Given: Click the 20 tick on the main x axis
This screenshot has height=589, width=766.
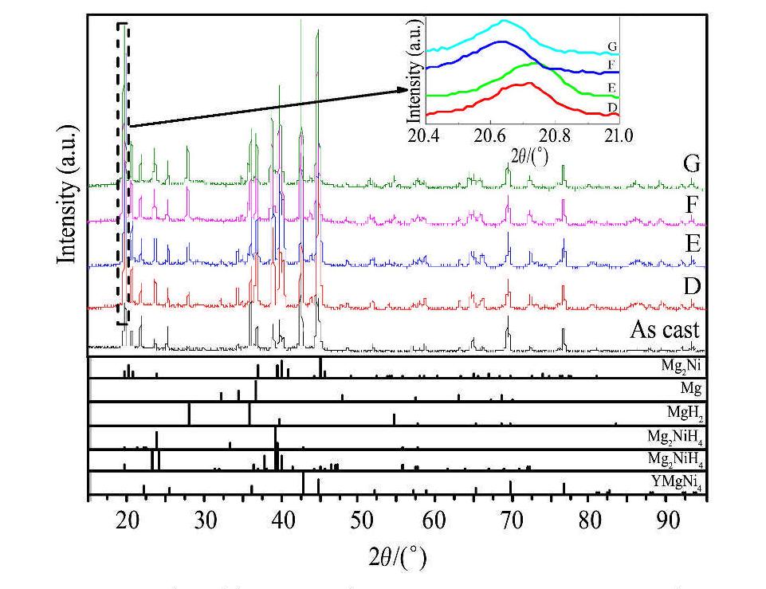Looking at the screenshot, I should (x=127, y=498).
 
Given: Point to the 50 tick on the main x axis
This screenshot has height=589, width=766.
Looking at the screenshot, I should (x=358, y=498).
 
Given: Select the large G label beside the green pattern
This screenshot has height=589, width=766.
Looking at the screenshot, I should (x=691, y=165).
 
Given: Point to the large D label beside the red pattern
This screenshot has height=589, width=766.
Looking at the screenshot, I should (x=691, y=285).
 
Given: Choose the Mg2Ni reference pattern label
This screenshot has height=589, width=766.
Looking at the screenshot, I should (x=680, y=367).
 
